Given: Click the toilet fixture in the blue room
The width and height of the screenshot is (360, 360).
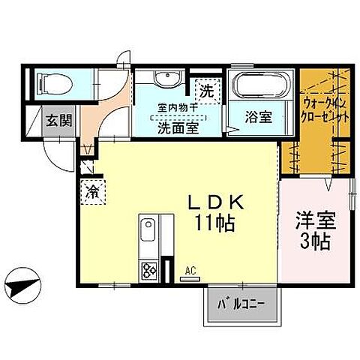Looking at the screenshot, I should click(55, 83).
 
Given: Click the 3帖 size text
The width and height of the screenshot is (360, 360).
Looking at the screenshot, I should click(314, 241).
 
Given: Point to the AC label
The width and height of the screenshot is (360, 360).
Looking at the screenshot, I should click(190, 268).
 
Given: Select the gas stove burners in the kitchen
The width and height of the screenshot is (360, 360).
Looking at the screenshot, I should click(148, 267).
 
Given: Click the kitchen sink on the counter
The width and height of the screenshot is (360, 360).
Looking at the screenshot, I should click(147, 226).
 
